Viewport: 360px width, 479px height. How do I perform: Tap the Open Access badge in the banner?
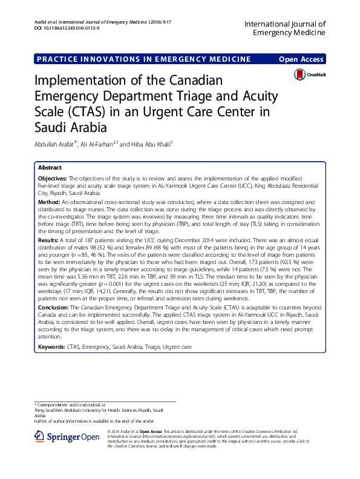(300, 59)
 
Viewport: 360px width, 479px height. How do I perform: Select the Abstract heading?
(50, 167)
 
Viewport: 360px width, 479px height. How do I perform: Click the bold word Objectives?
(53, 179)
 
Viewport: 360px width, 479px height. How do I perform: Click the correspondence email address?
(88, 403)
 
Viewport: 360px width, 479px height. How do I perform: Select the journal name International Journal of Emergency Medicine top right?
(284, 28)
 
